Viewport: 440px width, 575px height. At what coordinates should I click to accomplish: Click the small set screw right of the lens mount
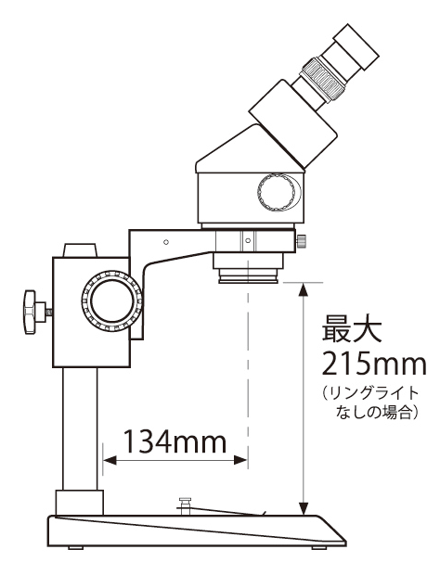[304, 242]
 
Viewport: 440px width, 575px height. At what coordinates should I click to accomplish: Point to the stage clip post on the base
[185, 505]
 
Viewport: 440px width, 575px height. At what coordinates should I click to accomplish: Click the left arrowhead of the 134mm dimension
[105, 459]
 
